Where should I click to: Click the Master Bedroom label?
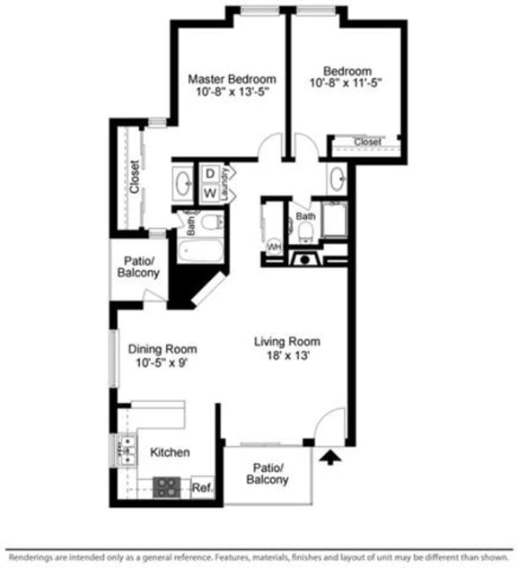[x=231, y=79]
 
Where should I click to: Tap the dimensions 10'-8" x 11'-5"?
[x=347, y=85]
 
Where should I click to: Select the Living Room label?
[x=286, y=341]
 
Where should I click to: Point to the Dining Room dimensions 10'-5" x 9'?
[x=162, y=363]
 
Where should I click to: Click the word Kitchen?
[x=170, y=452]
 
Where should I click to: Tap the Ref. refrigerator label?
[x=201, y=488]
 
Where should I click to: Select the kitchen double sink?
[x=125, y=450]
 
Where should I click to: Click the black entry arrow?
[x=330, y=459]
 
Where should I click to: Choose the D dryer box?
[x=208, y=173]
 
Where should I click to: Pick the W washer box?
[x=208, y=192]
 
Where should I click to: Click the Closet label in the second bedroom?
[x=366, y=142]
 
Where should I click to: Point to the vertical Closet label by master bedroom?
[x=134, y=177]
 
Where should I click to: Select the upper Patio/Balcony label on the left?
[x=139, y=266]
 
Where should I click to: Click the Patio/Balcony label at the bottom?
[x=267, y=474]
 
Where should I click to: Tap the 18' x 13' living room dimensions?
[x=286, y=355]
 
